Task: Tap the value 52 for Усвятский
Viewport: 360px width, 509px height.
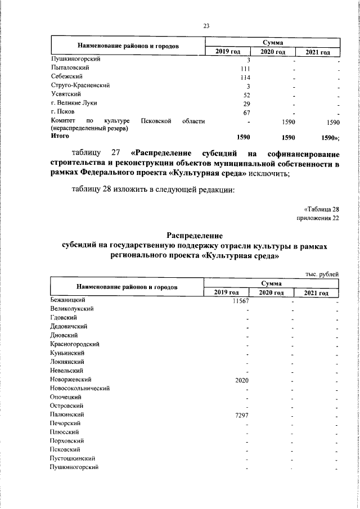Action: click(245, 94)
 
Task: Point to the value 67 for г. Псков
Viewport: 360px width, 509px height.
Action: click(245, 112)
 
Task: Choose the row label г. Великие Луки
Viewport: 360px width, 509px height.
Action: click(72, 103)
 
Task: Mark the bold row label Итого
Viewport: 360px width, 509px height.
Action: click(59, 136)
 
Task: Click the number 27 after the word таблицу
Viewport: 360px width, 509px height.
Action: click(116, 154)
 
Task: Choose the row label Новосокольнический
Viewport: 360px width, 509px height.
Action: click(79, 388)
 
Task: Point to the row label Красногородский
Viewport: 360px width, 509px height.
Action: click(75, 344)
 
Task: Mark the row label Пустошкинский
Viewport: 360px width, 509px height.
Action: click(73, 458)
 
